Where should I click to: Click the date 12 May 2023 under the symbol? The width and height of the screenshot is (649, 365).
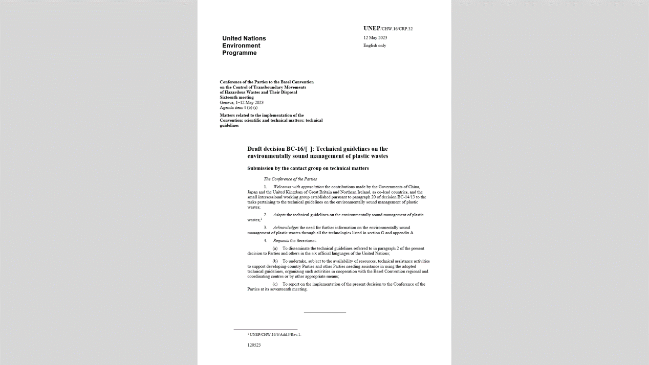[375, 38]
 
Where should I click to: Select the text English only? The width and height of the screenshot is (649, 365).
[375, 45]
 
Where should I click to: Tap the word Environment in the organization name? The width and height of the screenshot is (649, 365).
[241, 45]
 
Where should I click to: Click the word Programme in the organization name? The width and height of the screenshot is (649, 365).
[240, 53]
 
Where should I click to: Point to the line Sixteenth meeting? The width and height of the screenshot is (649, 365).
[236, 97]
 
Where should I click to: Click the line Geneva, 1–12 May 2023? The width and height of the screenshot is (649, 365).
[242, 102]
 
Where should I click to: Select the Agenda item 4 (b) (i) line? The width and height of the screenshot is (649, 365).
[239, 107]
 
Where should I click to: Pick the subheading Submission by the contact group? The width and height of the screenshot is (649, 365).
[308, 168]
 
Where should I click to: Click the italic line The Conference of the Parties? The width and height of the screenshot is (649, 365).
[290, 179]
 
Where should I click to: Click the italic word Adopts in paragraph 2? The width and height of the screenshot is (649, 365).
[279, 215]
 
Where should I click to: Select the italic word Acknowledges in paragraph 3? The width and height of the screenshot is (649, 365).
[286, 227]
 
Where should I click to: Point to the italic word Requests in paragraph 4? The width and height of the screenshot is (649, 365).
[281, 240]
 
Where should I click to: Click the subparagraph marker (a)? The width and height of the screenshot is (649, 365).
[275, 248]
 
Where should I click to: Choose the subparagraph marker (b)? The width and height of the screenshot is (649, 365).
[275, 261]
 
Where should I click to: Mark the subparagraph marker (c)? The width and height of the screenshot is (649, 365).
[275, 284]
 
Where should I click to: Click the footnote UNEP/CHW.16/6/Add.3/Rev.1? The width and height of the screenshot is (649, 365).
[275, 334]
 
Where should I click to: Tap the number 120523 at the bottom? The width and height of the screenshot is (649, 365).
[254, 345]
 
